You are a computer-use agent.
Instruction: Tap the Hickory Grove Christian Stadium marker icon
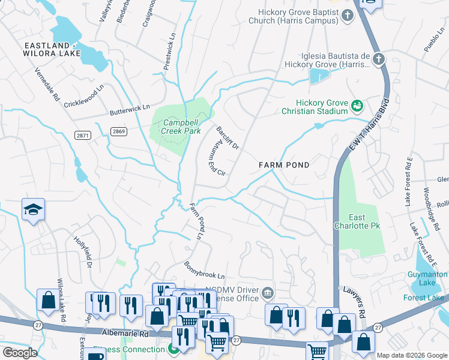point(357,106)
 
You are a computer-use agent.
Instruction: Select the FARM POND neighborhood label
point(284,165)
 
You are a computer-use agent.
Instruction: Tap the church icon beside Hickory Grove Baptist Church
point(349,16)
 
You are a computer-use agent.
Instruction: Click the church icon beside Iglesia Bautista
point(378,59)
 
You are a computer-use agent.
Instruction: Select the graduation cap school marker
point(34,209)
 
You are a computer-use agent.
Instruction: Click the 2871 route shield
point(83,136)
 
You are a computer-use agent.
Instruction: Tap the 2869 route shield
point(119,131)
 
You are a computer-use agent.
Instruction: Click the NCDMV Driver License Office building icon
point(268,293)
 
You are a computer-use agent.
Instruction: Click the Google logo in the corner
point(20,353)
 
